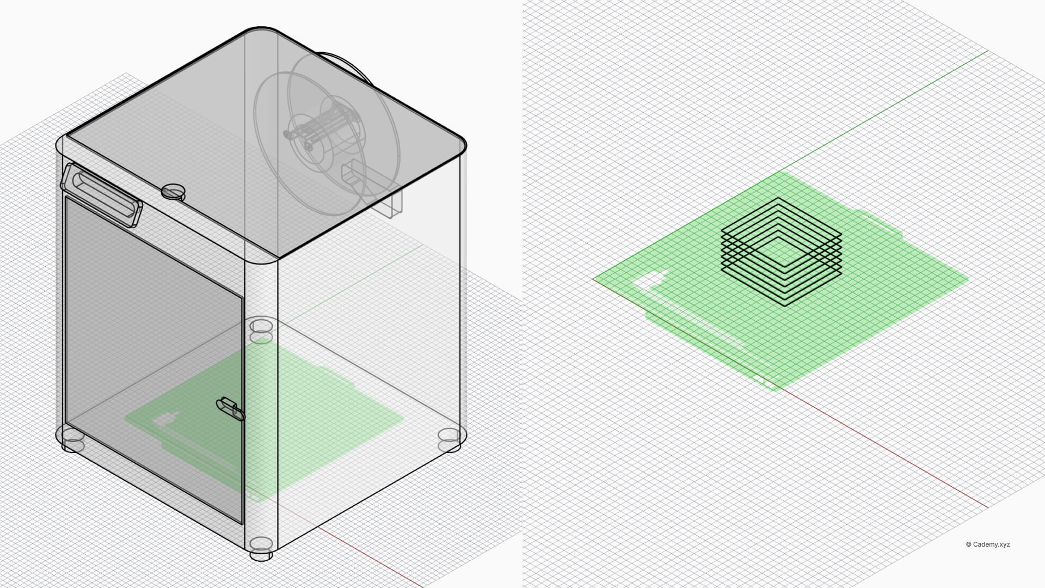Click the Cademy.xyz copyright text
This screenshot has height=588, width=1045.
click(987, 544)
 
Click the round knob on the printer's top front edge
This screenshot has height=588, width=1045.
click(173, 191)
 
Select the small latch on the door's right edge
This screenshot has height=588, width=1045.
click(231, 409)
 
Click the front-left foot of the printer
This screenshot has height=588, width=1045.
click(72, 440)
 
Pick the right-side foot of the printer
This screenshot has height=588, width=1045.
click(449, 439)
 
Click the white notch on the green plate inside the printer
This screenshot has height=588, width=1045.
click(165, 419)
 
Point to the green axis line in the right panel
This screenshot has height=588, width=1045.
click(893, 103)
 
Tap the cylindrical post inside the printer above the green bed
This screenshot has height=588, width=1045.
click(261, 329)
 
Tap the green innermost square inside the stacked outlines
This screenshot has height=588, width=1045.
click(782, 252)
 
